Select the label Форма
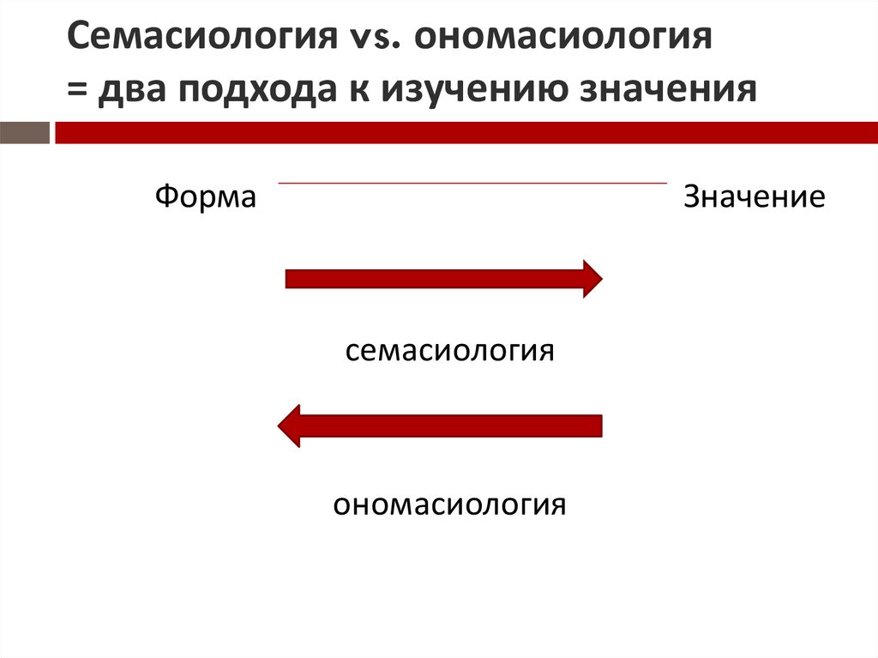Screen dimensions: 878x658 [206, 198]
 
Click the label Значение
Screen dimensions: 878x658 [754, 198]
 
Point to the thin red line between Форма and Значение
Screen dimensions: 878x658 [472, 183]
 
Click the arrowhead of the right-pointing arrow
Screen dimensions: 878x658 [592, 279]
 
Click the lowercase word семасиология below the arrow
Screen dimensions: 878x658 [450, 351]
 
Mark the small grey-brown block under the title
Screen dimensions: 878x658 [24, 133]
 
